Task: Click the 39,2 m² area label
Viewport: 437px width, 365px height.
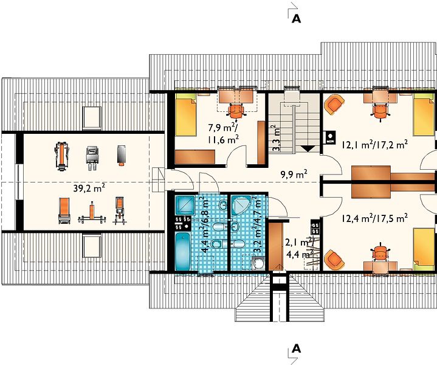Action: [89, 188]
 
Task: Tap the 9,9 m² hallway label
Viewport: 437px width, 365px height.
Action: [294, 175]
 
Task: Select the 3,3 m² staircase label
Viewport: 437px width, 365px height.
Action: [276, 138]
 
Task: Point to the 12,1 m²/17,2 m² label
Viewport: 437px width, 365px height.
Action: [376, 145]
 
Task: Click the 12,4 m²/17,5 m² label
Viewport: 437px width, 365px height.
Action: [376, 218]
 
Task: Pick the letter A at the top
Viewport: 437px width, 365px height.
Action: [296, 19]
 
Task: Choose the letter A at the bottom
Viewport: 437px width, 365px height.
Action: [296, 349]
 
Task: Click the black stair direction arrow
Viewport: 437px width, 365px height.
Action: [308, 148]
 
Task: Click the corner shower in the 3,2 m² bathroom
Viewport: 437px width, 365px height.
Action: [239, 205]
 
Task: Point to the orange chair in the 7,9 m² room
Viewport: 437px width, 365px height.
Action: [236, 111]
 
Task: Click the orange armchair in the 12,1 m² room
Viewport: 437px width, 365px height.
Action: [334, 104]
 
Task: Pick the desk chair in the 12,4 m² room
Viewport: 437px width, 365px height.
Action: [380, 252]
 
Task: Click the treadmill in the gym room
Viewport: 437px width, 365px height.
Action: [62, 156]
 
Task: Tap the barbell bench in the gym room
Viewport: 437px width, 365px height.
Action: [92, 214]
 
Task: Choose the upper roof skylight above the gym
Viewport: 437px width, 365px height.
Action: [92, 118]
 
